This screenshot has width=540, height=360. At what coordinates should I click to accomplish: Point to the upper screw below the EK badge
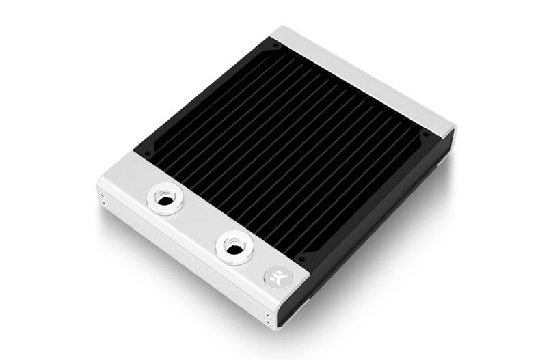267,314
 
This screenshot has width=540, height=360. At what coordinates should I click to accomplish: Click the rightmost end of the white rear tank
453,130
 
